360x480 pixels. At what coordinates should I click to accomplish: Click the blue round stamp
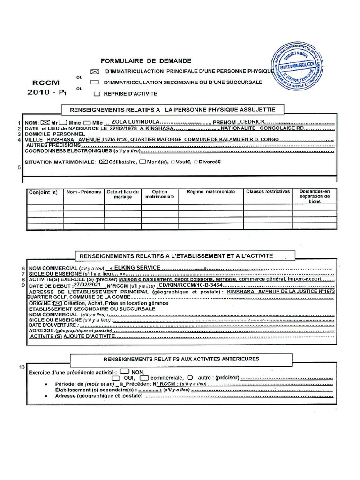(297, 66)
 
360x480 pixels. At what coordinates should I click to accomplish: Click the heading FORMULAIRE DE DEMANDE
(146, 61)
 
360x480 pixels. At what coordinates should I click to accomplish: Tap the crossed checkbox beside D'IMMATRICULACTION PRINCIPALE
(94, 72)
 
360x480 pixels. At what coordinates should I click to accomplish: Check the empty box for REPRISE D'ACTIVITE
(97, 94)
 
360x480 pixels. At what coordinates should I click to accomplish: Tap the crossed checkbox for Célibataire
(103, 162)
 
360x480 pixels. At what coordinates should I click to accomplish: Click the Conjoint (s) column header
(43, 192)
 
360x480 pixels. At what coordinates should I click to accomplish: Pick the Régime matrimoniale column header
(210, 192)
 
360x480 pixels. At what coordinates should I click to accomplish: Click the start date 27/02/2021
(87, 285)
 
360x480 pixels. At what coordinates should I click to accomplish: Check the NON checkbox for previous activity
(125, 371)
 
